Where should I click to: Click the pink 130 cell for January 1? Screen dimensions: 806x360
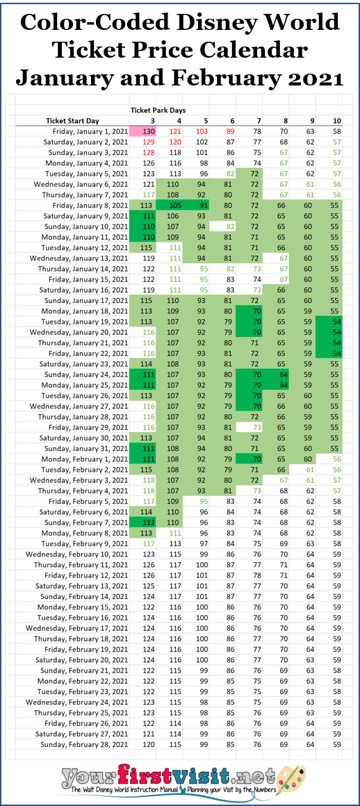(x=147, y=131)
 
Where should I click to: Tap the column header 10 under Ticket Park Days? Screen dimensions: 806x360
(x=336, y=120)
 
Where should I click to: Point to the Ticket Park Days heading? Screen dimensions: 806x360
(x=160, y=110)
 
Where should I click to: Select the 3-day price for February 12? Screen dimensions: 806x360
(x=147, y=576)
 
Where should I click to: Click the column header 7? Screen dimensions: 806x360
(x=257, y=120)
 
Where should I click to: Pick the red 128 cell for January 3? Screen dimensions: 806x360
(x=147, y=152)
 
